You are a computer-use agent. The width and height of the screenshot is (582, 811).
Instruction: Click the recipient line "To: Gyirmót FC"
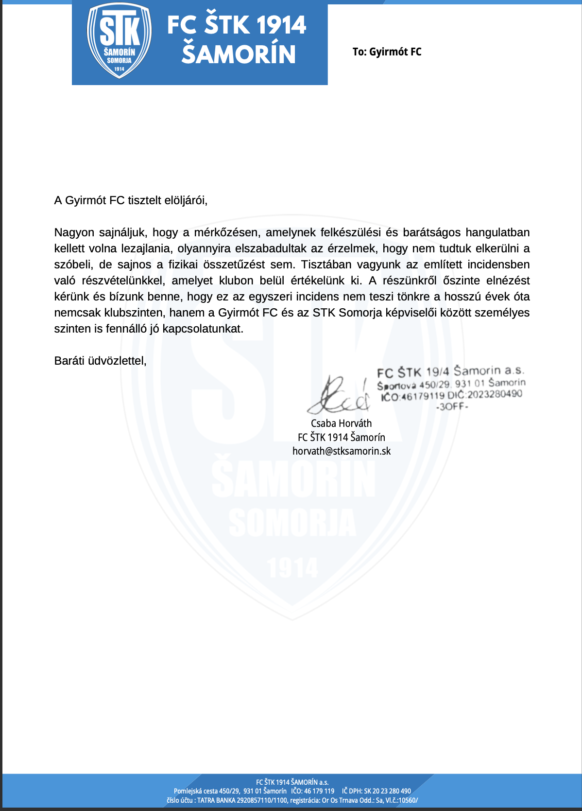pyautogui.click(x=387, y=52)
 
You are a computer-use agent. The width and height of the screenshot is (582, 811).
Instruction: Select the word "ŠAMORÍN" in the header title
pyautogui.click(x=239, y=54)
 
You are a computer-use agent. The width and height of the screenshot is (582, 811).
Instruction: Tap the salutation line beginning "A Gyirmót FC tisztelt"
pyautogui.click(x=131, y=200)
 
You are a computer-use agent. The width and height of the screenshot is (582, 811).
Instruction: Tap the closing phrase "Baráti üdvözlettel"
pyautogui.click(x=100, y=361)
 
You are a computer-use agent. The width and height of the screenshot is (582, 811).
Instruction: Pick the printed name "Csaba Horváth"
pyautogui.click(x=341, y=423)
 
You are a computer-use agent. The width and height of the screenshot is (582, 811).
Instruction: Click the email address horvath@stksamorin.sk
pyautogui.click(x=341, y=451)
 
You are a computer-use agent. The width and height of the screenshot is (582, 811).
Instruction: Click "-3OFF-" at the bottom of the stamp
pyautogui.click(x=452, y=406)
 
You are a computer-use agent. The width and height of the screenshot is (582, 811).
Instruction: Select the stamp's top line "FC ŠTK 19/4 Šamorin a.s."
pyautogui.click(x=450, y=371)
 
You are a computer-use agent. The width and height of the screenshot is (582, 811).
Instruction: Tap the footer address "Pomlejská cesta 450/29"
pyautogui.click(x=206, y=791)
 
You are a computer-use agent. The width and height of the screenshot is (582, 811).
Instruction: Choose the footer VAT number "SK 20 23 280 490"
pyautogui.click(x=387, y=791)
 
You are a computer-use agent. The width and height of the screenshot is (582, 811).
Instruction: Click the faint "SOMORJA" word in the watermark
pyautogui.click(x=292, y=523)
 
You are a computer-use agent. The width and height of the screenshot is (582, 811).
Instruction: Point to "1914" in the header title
pyautogui.click(x=281, y=25)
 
